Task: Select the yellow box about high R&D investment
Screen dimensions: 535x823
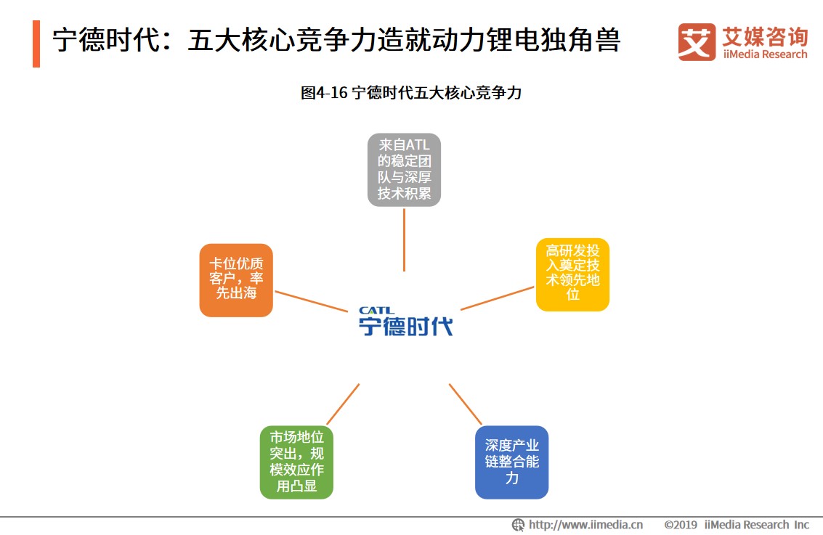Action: pyautogui.click(x=572, y=274)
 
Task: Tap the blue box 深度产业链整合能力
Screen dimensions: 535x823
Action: pyautogui.click(x=511, y=462)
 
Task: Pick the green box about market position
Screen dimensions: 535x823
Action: pyautogui.click(x=296, y=462)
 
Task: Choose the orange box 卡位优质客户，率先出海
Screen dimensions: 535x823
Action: pyautogui.click(x=236, y=280)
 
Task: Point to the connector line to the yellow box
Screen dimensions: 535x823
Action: pyautogui.click(x=497, y=298)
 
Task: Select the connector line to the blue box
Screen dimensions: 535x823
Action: pyautogui.click(x=465, y=404)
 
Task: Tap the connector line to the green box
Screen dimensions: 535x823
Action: pyautogui.click(x=343, y=404)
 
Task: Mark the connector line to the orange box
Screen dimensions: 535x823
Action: pyautogui.click(x=311, y=302)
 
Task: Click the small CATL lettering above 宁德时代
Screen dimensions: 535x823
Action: pyautogui.click(x=377, y=311)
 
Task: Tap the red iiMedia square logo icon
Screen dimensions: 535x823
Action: pyautogui.click(x=696, y=41)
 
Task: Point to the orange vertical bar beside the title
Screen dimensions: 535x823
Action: pyautogui.click(x=36, y=44)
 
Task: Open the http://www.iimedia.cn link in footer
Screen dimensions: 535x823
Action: pyautogui.click(x=585, y=525)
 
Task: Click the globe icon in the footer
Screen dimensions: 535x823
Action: pyautogui.click(x=518, y=525)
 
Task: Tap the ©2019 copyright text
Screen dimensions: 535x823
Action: pyautogui.click(x=681, y=525)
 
